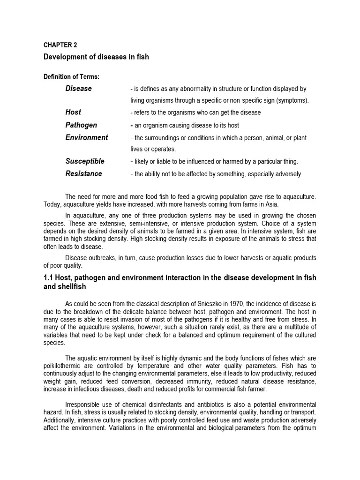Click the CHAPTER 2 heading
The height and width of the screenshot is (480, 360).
coord(60,45)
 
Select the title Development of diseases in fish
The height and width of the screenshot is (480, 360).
coord(96,57)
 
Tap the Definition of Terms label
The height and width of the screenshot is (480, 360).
coord(72,77)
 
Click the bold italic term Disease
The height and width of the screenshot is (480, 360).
coord(79,89)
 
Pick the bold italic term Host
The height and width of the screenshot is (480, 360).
coord(73,112)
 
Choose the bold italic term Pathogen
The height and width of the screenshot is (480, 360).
coord(81,125)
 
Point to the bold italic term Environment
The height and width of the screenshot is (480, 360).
coord(87,138)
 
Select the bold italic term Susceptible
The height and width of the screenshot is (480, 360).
coord(85,161)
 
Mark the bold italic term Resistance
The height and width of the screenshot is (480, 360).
coord(83,174)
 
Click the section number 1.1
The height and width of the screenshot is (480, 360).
coord(50,278)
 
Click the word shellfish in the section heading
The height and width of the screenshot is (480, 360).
coord(73,286)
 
